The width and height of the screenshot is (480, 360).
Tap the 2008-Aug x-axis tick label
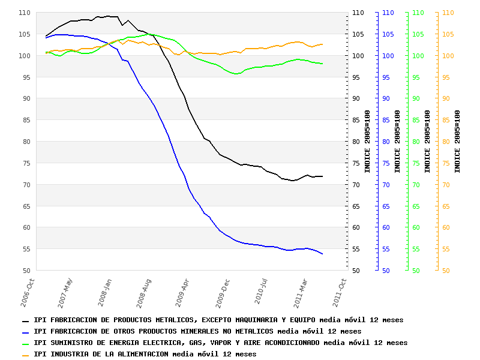pos(144,291)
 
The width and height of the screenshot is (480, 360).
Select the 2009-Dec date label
pos(223,291)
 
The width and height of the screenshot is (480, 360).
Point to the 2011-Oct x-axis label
pos(339,291)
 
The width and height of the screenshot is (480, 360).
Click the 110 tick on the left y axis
pos(24,13)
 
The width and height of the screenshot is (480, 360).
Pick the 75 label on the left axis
pos(26,163)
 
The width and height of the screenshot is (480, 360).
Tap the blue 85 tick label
pos(386,120)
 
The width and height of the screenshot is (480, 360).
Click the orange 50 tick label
pos(446,271)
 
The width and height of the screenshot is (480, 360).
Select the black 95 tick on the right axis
pos(358,77)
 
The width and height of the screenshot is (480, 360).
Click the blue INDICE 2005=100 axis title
pos(397,142)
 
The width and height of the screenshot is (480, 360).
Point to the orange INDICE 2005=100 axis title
pos(457,142)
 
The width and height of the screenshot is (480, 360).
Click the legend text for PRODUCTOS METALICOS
pos(218,320)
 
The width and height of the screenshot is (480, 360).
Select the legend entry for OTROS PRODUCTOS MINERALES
pos(197,331)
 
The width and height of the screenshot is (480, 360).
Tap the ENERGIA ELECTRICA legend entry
pos(220,343)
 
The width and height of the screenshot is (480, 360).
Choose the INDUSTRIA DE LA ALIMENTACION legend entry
pos(145,354)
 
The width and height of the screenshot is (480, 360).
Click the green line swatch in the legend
pos(26,344)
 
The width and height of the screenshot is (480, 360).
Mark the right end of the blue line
pos(323,254)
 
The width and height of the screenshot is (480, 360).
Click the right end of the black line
pos(323,176)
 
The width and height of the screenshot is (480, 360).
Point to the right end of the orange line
pos(323,44)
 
